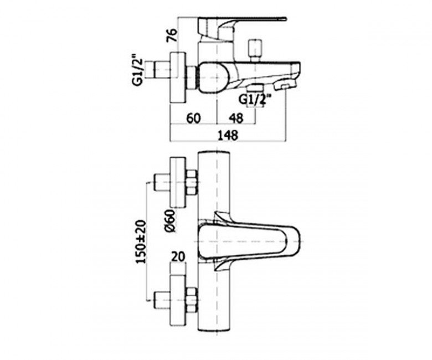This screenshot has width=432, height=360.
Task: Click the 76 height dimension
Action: point(172,35)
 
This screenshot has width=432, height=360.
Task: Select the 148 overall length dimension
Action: point(228,135)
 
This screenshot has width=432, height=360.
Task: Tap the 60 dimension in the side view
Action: point(194,119)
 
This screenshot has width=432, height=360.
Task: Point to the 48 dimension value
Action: point(236,119)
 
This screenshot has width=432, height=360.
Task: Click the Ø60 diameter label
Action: point(170,220)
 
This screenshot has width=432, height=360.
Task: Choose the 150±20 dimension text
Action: point(142,242)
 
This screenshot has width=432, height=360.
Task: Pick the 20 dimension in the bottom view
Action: point(178,257)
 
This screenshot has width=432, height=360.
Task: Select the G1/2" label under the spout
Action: point(255,100)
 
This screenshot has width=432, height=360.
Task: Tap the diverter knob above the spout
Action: point(254,50)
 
